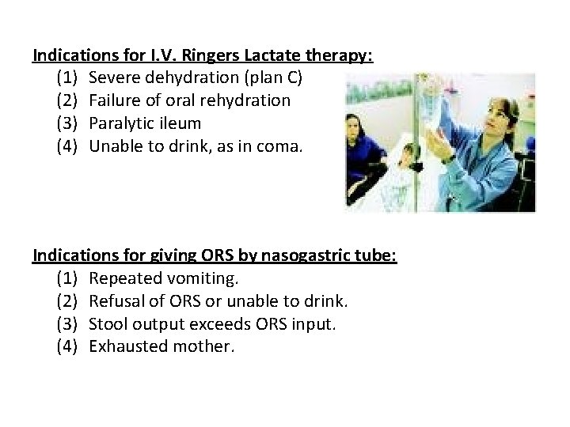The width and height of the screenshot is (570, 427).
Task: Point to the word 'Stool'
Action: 109,323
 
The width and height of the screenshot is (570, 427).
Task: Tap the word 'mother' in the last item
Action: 206,346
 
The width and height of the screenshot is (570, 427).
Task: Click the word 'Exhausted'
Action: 127,346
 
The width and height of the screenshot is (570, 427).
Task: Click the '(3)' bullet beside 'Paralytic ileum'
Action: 67,123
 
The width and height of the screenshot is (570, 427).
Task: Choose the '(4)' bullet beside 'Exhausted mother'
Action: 67,346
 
